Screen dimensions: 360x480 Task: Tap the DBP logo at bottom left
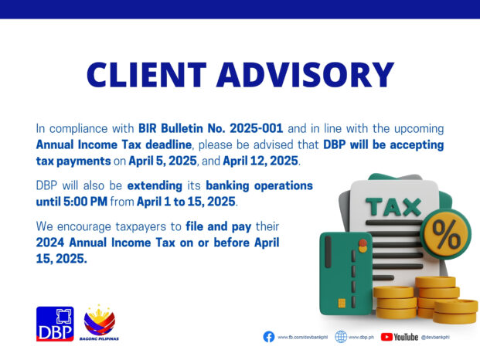(55, 323)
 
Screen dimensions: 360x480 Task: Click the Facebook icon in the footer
(268, 337)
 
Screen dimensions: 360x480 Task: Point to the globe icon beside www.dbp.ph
(340, 337)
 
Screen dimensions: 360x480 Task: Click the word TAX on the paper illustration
(393, 206)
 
